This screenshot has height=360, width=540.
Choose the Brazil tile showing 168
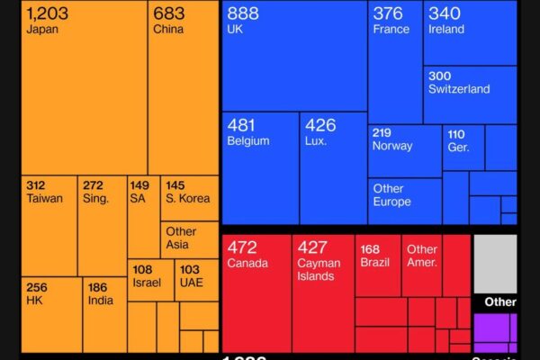click(378, 266)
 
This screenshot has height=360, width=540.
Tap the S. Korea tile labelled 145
click(190, 198)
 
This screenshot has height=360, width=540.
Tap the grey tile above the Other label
click(495, 263)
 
